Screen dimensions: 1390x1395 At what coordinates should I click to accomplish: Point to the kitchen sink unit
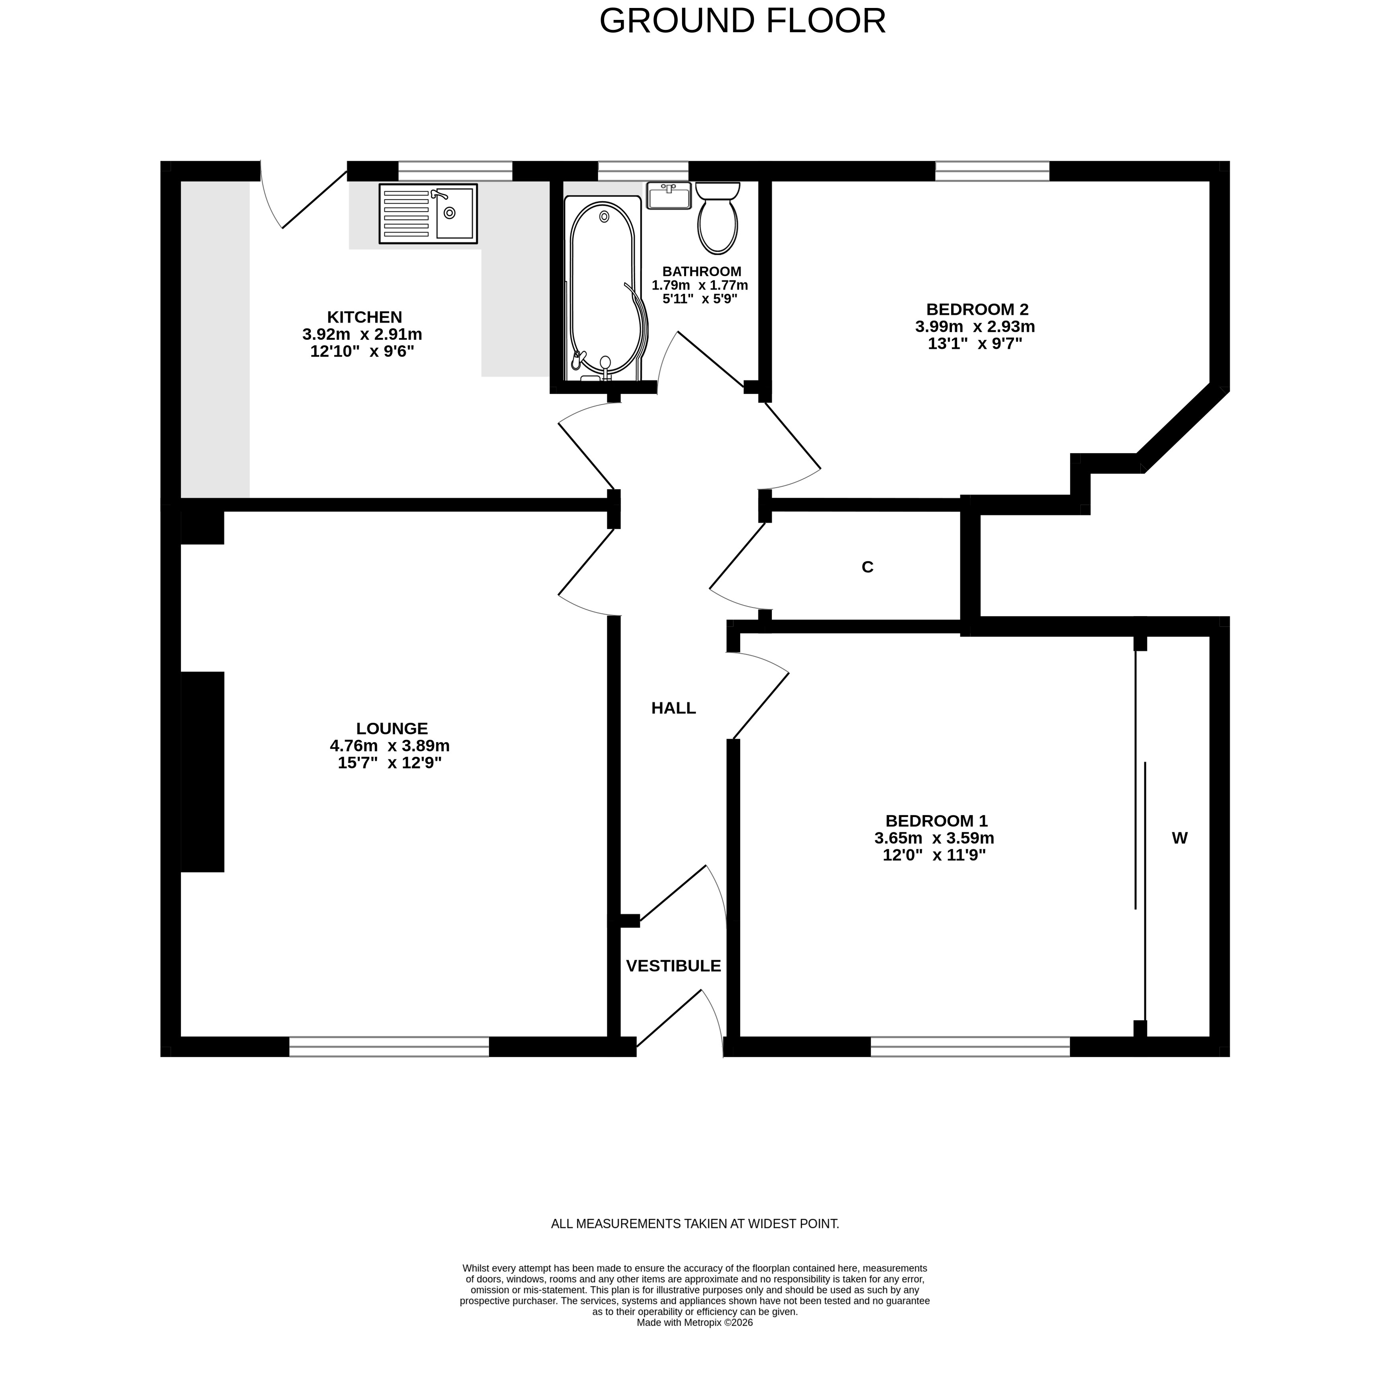pos(428,213)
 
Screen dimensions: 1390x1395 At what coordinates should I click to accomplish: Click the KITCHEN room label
pos(364,317)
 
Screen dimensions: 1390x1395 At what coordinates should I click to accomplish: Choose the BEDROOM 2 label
pos(977,309)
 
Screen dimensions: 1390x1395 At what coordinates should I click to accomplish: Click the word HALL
pos(673,708)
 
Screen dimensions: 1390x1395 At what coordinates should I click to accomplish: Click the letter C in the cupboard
pos(867,568)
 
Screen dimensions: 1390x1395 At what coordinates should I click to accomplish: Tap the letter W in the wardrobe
pos(1179,838)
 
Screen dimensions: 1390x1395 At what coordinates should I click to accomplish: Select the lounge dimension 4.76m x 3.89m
pos(390,746)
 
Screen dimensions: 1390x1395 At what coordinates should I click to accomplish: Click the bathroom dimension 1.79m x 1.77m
pos(699,285)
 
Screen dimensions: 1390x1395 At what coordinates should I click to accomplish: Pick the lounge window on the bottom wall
pos(389,1047)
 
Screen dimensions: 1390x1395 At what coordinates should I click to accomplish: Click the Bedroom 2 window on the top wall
pos(993,171)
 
